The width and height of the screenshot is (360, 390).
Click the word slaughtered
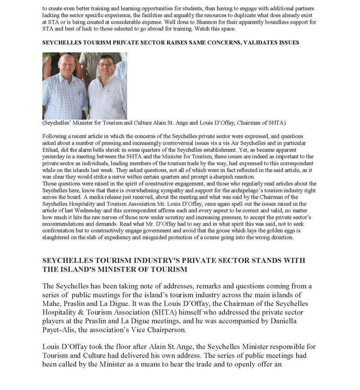click(x=57, y=237)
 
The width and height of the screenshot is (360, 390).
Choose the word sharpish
click(x=242, y=177)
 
